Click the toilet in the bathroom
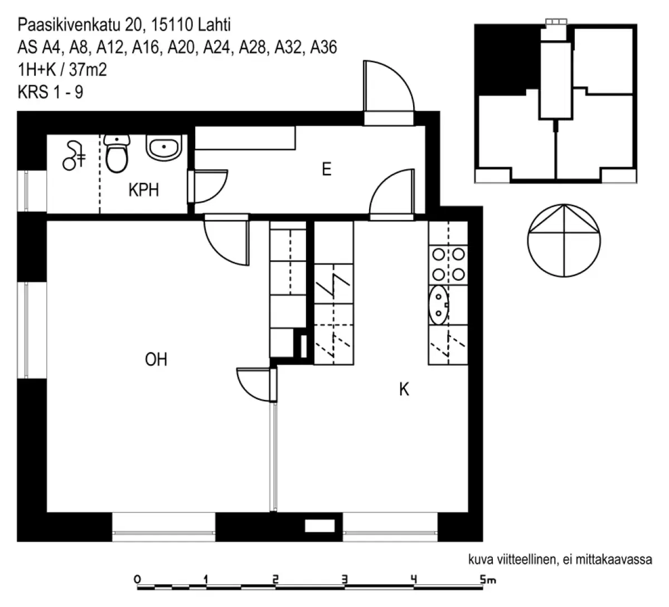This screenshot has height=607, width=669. (x=117, y=154)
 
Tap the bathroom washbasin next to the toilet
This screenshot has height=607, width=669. (x=163, y=148)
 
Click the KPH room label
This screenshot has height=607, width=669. (x=143, y=190)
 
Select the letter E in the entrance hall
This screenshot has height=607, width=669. (x=326, y=169)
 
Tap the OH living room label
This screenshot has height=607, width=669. (x=156, y=360)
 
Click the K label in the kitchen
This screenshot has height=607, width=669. (x=404, y=389)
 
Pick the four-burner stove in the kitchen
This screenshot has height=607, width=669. (x=448, y=264)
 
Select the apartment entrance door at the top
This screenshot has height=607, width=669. (x=389, y=95)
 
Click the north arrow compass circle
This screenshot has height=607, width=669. (x=565, y=241)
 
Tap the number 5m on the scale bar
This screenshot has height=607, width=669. (x=487, y=580)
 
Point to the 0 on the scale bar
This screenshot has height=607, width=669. (x=138, y=579)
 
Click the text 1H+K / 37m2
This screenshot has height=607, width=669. (x=62, y=70)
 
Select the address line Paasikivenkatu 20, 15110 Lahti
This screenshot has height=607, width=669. (x=124, y=25)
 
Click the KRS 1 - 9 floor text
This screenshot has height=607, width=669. (x=51, y=92)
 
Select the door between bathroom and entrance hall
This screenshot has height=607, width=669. (x=207, y=188)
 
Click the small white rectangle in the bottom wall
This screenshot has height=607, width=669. (x=320, y=526)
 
